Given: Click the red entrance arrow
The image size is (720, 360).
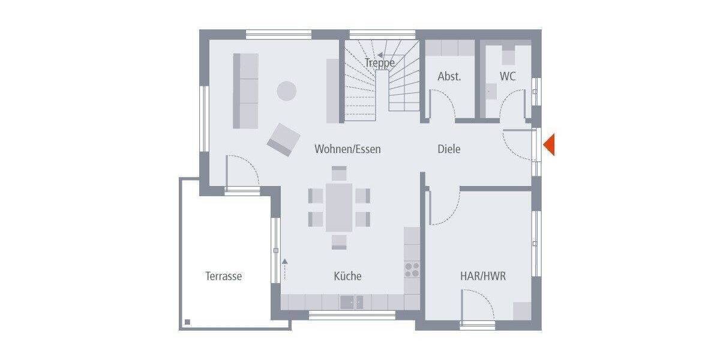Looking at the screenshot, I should (x=549, y=145).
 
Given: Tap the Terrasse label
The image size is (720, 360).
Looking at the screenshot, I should (x=223, y=277).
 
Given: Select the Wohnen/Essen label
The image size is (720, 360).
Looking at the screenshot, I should (x=347, y=149).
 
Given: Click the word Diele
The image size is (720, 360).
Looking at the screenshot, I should (x=449, y=149).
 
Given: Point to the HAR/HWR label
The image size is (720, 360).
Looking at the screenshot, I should (x=482, y=277).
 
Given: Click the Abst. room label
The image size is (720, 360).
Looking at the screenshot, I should (x=449, y=77).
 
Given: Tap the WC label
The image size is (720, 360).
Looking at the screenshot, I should (x=508, y=77).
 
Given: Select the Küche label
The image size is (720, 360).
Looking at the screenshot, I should (x=347, y=277).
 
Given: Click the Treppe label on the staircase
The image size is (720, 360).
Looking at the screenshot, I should (x=379, y=62).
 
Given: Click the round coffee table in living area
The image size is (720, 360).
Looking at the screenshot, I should (x=286, y=91).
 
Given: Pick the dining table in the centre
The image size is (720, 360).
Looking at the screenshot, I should (x=339, y=207).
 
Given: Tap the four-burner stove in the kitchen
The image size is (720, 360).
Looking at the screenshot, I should (x=412, y=269).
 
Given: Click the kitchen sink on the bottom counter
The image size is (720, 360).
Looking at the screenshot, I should (x=352, y=302).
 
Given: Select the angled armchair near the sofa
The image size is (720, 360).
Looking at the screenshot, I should (x=283, y=139).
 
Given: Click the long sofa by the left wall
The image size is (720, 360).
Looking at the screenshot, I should (x=245, y=90).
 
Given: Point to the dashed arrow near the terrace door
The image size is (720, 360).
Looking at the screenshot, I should (x=285, y=269).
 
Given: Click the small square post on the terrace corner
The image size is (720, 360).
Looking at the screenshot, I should (x=188, y=322).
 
